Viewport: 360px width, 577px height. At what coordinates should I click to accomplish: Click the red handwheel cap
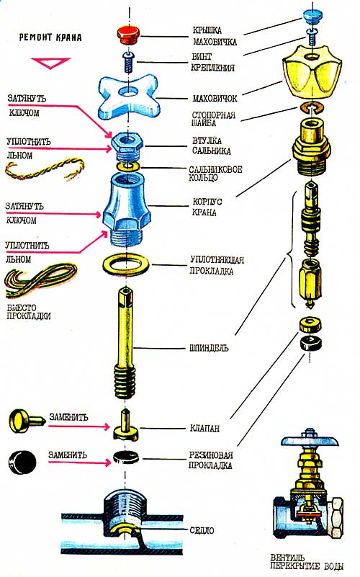click(129, 35)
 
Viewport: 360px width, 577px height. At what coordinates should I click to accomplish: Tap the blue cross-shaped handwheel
click(128, 97)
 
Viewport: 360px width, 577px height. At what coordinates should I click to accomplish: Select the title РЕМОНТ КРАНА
click(50, 37)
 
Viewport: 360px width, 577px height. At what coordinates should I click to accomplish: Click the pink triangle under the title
click(50, 63)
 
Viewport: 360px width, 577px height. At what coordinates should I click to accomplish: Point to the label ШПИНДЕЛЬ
click(209, 348)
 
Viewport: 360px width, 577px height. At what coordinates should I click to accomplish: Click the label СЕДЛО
click(202, 530)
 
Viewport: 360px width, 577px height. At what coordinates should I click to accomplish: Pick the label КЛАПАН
click(204, 428)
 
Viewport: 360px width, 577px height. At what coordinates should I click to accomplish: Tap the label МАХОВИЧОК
click(215, 98)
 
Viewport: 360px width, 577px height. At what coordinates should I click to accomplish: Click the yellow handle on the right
click(312, 72)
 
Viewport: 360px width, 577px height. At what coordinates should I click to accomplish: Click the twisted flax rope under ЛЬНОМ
click(44, 169)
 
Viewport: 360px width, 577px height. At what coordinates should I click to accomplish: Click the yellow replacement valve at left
click(27, 421)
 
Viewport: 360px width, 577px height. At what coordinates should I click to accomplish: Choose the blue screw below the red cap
click(128, 62)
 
